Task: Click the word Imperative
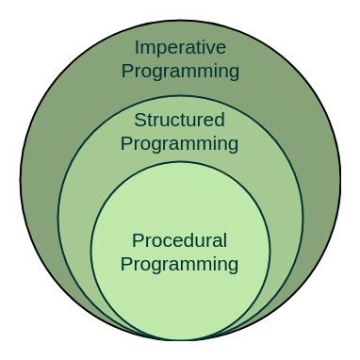pyautogui.click(x=180, y=47)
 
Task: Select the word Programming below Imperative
pyautogui.click(x=180, y=71)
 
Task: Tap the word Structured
pyautogui.click(x=180, y=121)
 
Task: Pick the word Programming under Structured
pyautogui.click(x=180, y=144)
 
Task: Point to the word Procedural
pyautogui.click(x=180, y=240)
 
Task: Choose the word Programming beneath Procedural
pyautogui.click(x=180, y=264)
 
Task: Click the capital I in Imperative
pyautogui.click(x=137, y=47)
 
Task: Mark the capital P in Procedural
pyautogui.click(x=137, y=240)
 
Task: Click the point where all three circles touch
pyautogui.click(x=180, y=339)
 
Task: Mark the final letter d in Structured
pyautogui.click(x=220, y=121)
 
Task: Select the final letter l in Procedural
pyautogui.click(x=224, y=240)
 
